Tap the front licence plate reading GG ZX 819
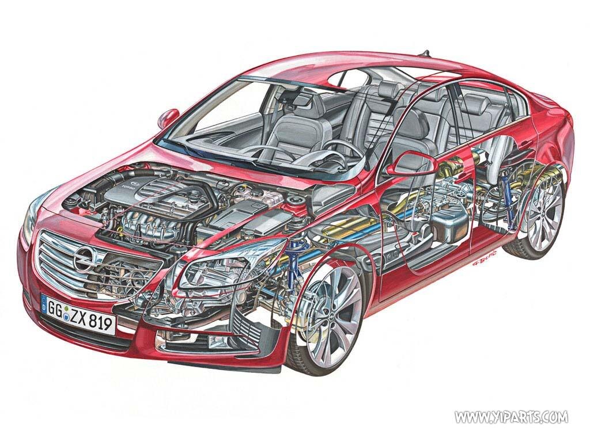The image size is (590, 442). pyautogui.click(x=78, y=315)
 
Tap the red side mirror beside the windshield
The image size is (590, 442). pyautogui.click(x=168, y=117)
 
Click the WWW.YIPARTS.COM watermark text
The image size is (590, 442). pyautogui.click(x=510, y=416)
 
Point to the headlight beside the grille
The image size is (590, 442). pyautogui.click(x=230, y=265)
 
